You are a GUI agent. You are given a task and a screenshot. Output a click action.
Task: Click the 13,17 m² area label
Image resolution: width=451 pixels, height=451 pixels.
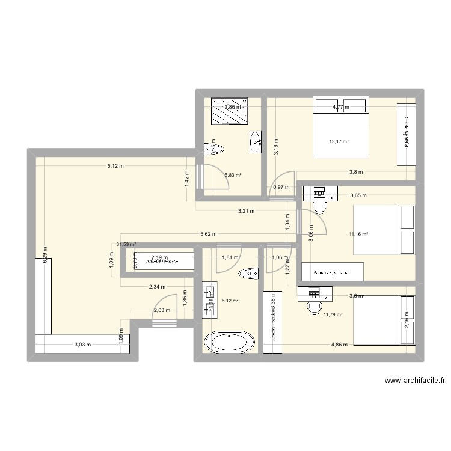(339, 142)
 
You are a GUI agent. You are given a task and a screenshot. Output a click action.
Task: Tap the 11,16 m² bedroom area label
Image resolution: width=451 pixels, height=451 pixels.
(359, 235)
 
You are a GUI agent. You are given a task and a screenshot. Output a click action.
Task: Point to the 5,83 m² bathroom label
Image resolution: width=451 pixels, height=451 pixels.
(233, 176)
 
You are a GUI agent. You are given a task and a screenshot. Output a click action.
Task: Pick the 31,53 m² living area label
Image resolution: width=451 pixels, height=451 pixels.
(126, 245)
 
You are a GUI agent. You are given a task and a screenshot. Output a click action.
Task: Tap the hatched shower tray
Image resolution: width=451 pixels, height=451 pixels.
(229, 111)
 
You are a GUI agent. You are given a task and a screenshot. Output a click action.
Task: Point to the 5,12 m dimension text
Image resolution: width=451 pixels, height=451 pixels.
(115, 167)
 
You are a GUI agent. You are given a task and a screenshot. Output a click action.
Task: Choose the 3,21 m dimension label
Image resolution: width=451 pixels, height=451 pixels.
(247, 211)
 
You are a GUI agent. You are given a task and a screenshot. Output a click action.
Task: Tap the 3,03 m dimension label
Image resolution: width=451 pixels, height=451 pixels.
(82, 345)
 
